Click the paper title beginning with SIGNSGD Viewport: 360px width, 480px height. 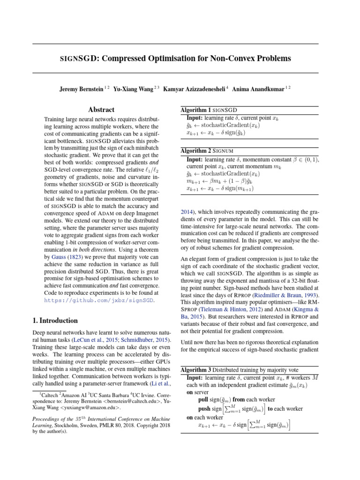click(x=175, y=59)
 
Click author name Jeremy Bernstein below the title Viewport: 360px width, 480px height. click(x=80, y=88)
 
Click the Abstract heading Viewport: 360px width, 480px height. click(x=101, y=110)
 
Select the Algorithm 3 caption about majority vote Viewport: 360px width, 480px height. click(x=239, y=370)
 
